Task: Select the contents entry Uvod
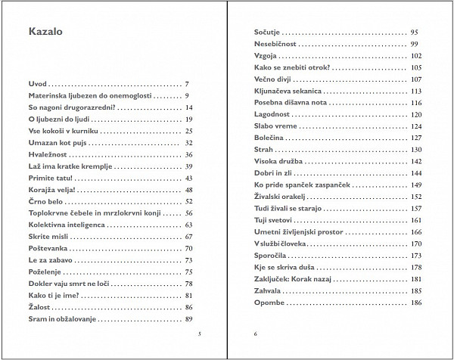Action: click(38, 84)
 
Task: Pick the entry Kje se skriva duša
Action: click(284, 268)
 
